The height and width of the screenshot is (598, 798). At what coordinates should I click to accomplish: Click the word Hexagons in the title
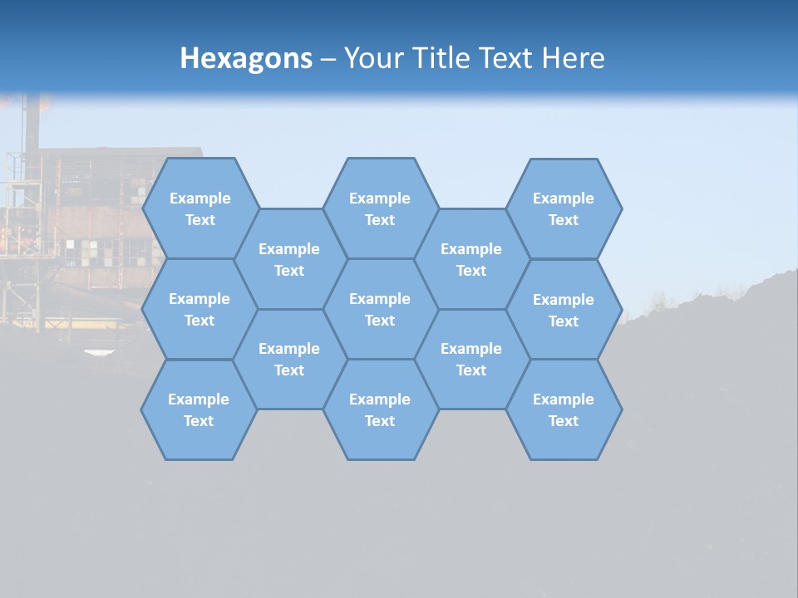coord(246,58)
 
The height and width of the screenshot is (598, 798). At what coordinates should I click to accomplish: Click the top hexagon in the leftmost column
coord(199,208)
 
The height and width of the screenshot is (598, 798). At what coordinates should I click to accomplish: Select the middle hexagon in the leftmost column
coord(199,309)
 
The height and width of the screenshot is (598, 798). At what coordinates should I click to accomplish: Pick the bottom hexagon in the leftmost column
coord(199,409)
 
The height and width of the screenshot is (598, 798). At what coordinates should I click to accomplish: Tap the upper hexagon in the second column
coord(289,259)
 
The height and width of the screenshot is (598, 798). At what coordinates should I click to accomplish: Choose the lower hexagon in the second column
coord(289,359)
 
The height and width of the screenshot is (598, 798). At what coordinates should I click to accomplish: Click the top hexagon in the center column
coord(380,208)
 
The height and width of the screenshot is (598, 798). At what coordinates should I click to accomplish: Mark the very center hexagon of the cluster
coord(380,309)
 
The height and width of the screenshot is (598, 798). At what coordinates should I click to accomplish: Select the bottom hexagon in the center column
coord(380,409)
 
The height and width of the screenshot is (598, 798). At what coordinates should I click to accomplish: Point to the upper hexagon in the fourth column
coord(471,259)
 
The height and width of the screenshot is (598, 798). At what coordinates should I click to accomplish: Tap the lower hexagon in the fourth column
coord(471,359)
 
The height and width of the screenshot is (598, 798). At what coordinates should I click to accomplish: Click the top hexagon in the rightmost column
coord(564,208)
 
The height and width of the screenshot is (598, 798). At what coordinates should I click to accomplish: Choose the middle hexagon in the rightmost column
coord(564,310)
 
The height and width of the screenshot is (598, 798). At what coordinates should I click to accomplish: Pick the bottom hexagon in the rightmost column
coord(564,409)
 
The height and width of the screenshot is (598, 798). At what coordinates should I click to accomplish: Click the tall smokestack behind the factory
coord(32,125)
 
